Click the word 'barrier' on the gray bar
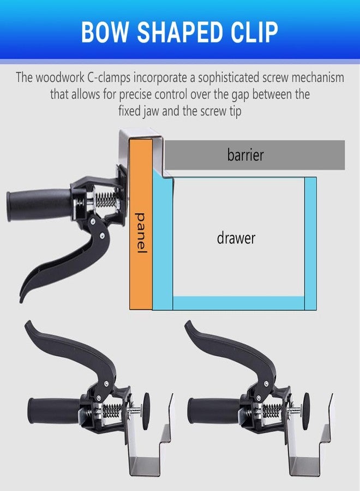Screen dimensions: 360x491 pos(245,155)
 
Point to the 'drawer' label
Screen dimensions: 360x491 pos(236,238)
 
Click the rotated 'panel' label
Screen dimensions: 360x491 pos(141,233)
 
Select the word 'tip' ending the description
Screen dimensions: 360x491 pos(235,111)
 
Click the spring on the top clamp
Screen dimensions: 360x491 pos(105,200)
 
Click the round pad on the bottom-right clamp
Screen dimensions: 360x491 pos(306,411)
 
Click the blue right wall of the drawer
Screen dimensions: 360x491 pos(310,244)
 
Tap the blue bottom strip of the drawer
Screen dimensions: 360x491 pos(238,303)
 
